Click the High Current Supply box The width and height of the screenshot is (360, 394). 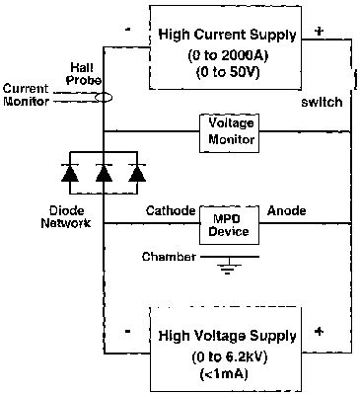pyautogui.click(x=227, y=46)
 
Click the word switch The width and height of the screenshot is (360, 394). pyautogui.click(x=323, y=103)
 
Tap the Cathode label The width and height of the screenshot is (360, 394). pyautogui.click(x=169, y=210)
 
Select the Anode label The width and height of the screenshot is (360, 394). pyautogui.click(x=287, y=210)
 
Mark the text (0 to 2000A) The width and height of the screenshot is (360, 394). pyautogui.click(x=228, y=55)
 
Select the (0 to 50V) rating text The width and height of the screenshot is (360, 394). pyautogui.click(x=228, y=72)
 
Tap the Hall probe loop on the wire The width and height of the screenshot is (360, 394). pyautogui.click(x=103, y=98)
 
